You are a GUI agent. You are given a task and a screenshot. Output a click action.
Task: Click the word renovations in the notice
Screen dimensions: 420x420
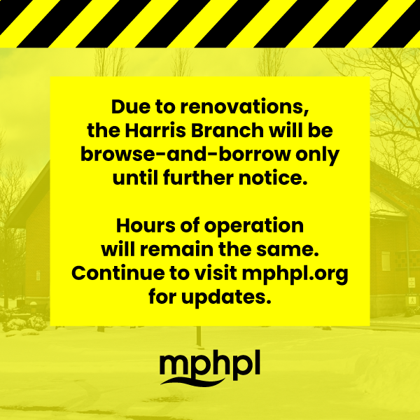[244, 107]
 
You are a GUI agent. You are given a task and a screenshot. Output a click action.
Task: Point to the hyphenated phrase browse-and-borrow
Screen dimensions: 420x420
[185, 154]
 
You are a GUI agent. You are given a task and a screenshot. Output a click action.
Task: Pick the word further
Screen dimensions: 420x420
[198, 178]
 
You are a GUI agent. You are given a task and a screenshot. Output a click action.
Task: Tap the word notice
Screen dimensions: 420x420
[273, 178]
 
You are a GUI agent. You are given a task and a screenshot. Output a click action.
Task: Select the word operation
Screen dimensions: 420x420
[254, 227]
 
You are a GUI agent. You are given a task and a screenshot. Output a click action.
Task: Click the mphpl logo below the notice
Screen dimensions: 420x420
[210, 367]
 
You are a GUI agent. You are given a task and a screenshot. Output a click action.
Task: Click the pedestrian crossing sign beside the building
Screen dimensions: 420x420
[412, 300]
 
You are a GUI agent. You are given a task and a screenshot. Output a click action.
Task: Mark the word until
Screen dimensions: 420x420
[135, 178]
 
